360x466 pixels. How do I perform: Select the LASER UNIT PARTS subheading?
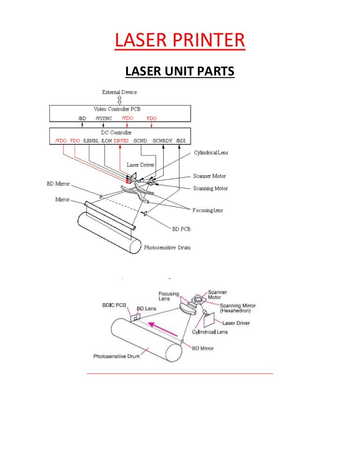(180, 72)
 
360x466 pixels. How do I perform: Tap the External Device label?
(120, 92)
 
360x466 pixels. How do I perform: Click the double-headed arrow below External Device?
(120, 100)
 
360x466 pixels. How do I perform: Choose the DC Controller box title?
(120, 133)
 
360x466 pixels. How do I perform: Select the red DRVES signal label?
(120, 141)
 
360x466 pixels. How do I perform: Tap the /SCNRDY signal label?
(163, 141)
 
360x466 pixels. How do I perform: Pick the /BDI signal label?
(181, 141)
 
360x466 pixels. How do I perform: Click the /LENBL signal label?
(91, 141)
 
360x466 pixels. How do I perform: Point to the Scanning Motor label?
(210, 188)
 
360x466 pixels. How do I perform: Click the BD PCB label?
(180, 229)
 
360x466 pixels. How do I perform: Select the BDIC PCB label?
(114, 305)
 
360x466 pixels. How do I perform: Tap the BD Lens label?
(145, 309)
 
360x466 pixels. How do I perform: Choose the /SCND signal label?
(140, 141)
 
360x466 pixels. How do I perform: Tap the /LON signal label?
(106, 141)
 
